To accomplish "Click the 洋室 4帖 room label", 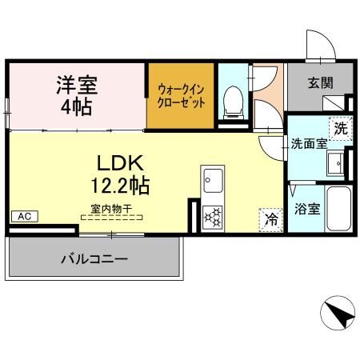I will click(x=76, y=94).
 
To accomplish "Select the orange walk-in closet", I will click(x=180, y=95).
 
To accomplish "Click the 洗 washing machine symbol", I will click(x=339, y=128).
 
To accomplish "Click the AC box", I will click(x=24, y=216).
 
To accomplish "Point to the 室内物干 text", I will click(x=111, y=207).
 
